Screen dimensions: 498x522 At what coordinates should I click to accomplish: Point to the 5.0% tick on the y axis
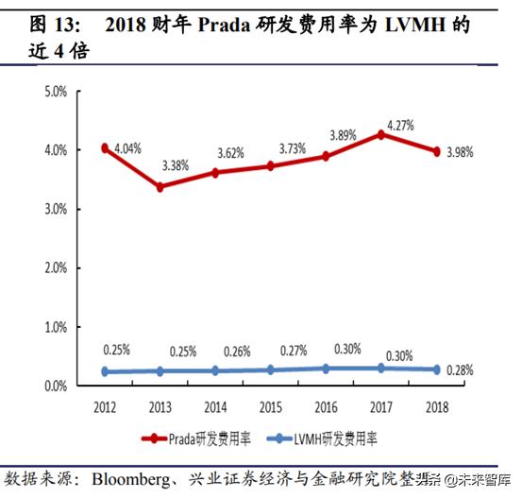click(x=55, y=92)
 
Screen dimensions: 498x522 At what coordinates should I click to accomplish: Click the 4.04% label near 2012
click(x=128, y=149)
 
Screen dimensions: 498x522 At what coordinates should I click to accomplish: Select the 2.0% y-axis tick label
click(x=55, y=268)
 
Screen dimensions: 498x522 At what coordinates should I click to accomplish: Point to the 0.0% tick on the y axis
click(x=55, y=386)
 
